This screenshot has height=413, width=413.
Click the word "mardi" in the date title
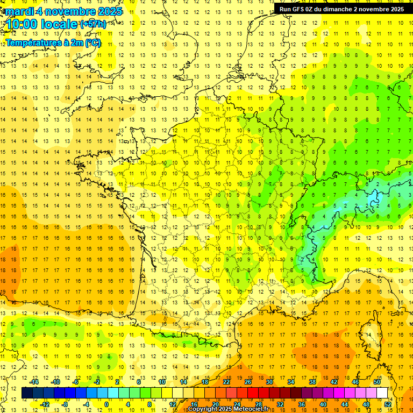(19, 11)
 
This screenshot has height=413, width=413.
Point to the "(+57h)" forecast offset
(93, 24)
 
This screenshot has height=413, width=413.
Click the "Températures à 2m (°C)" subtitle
(53, 42)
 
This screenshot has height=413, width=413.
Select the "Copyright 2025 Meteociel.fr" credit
(228, 409)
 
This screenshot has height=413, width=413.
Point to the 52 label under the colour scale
(388, 404)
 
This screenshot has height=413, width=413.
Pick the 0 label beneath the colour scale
(106, 404)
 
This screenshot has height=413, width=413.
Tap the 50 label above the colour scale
(377, 381)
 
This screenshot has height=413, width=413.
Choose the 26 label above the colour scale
(248, 381)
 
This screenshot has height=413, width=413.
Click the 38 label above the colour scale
(312, 381)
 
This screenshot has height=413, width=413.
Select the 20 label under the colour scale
(216, 404)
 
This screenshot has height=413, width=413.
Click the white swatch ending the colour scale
(382, 393)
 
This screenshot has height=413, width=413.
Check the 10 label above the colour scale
(162, 381)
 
